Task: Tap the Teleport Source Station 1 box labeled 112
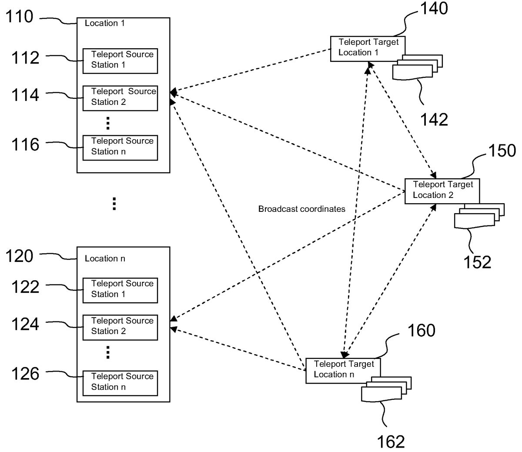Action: [x=120, y=60]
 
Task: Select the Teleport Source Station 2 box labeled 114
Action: [x=120, y=97]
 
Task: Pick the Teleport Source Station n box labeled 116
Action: [x=120, y=147]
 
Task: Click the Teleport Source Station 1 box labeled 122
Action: [x=120, y=290]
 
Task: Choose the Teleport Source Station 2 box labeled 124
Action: [x=120, y=327]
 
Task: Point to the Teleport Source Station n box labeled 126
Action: [x=120, y=382]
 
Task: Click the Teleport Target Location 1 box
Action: [x=368, y=48]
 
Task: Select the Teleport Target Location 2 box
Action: [x=442, y=191]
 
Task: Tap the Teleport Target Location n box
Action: [x=343, y=370]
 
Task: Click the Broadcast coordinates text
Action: [x=301, y=209]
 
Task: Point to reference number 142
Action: [x=434, y=120]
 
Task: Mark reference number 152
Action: [x=477, y=262]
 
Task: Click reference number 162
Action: [x=390, y=442]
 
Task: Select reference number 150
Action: [x=502, y=151]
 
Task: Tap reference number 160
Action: [x=421, y=331]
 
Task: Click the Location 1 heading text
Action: [x=105, y=23]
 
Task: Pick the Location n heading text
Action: [x=105, y=259]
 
